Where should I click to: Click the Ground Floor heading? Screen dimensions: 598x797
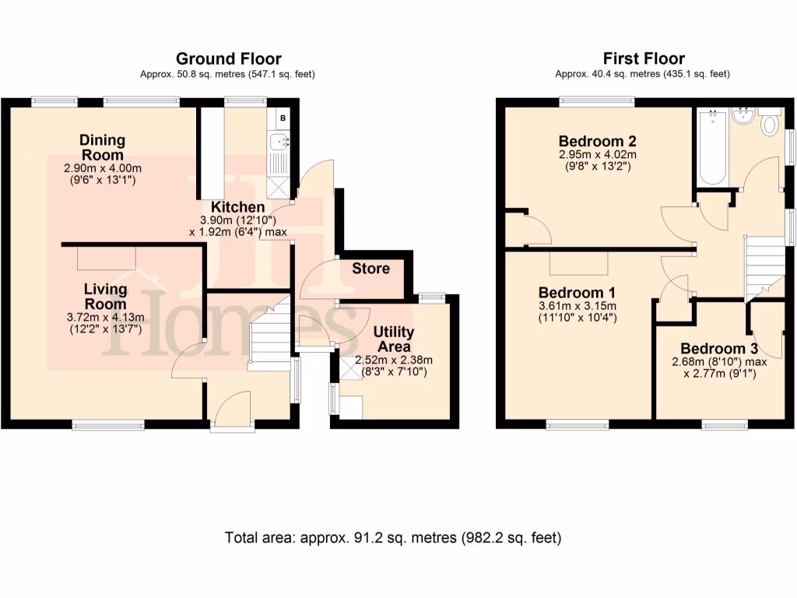[x=228, y=58]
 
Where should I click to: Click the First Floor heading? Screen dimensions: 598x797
[x=644, y=58]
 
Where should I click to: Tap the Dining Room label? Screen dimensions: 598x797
[x=102, y=147]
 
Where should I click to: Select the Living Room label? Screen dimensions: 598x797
[x=105, y=296]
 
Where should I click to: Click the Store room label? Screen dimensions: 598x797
[x=370, y=269]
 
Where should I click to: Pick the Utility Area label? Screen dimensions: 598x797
[x=393, y=339]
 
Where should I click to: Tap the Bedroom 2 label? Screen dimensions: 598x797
[x=598, y=141]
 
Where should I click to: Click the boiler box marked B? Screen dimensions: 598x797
[x=283, y=118]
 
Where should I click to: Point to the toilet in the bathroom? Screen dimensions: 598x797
[x=771, y=124]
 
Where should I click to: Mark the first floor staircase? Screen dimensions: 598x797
[x=764, y=264]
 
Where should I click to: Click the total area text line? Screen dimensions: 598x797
[x=393, y=537]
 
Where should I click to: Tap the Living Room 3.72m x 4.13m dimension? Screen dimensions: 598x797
[x=105, y=317]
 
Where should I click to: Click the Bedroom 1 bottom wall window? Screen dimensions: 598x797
[x=578, y=424]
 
